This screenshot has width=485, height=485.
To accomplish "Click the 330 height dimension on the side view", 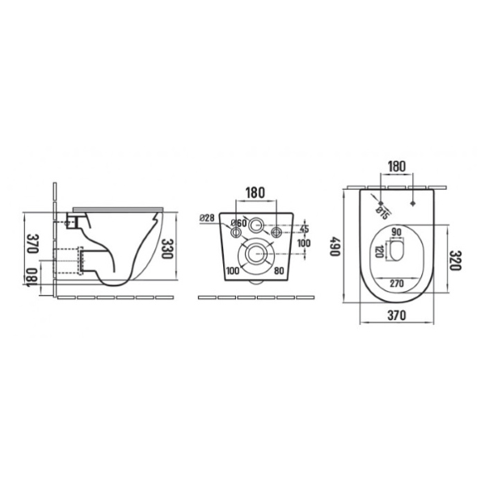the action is (x=167, y=249).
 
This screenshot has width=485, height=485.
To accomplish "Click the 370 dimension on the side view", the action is (x=32, y=243).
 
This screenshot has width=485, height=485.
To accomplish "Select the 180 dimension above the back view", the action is (x=255, y=192).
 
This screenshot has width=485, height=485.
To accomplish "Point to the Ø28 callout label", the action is (x=207, y=217).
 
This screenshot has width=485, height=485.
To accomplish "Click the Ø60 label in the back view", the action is (x=238, y=223).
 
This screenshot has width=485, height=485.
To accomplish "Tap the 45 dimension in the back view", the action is (x=305, y=229).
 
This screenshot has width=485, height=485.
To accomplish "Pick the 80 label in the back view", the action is (x=279, y=271).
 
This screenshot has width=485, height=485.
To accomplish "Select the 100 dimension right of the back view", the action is (x=304, y=243).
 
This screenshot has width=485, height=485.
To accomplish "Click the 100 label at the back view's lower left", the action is (x=233, y=271).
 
